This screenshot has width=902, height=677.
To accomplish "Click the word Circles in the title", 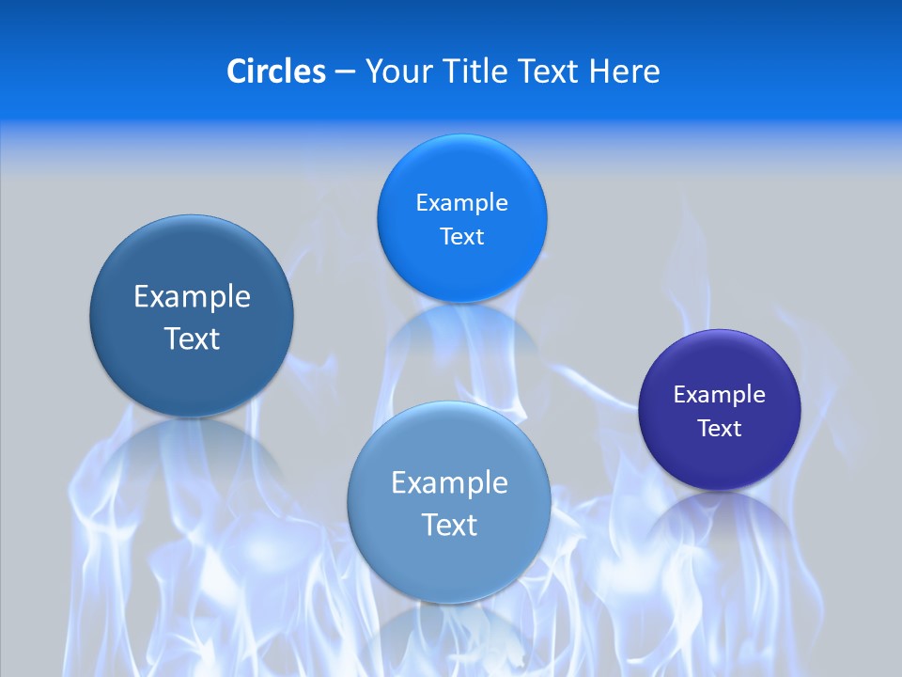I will [276, 71].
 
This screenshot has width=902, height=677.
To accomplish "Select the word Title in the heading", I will [478, 71].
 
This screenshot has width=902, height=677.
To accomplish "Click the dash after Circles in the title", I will [345, 72].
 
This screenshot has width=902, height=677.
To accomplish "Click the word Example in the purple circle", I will [719, 395].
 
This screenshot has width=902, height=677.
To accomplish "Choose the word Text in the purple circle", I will [720, 429].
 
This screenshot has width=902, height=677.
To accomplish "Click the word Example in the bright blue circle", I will [461, 203].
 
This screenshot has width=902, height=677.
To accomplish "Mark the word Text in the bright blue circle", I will [462, 237].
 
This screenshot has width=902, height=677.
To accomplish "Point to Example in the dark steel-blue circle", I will [192, 297].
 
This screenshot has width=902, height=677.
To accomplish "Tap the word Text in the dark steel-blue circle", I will [192, 338].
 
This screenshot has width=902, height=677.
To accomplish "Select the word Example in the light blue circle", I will [449, 483].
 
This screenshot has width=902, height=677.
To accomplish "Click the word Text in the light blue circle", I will [449, 525].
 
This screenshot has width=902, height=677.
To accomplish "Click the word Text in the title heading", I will [550, 71].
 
